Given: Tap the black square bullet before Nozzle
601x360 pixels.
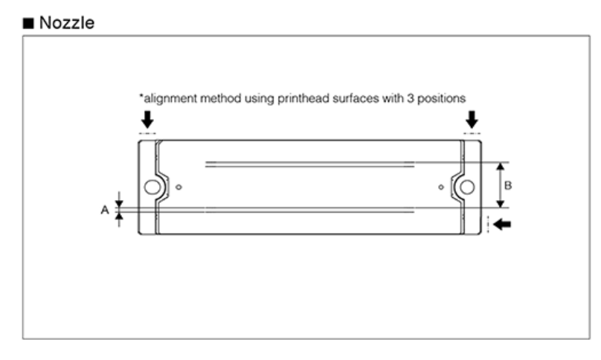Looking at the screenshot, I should click(29, 23).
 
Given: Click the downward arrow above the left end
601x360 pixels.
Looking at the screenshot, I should click(147, 118).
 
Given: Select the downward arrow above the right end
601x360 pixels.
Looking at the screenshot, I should click(471, 118).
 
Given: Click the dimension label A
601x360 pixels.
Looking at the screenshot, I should click(105, 210).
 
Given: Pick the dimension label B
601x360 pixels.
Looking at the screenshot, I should click(507, 184).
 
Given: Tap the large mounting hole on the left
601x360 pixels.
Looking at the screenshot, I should click(152, 187).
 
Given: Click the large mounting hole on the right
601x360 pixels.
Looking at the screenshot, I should click(467, 187).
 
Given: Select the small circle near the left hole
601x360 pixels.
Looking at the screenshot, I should click(179, 187).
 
